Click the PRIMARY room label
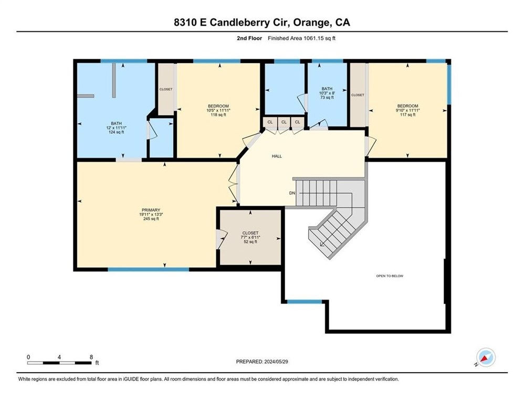click(x=150, y=210)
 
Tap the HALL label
click(x=277, y=156)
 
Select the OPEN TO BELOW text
click(x=390, y=276)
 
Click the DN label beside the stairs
click(x=292, y=193)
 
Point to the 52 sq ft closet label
click(x=250, y=242)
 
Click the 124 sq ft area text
click(x=116, y=132)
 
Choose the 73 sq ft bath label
click(x=327, y=98)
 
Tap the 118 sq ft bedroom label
click(x=218, y=115)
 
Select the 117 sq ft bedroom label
click(x=407, y=115)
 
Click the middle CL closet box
click(x=284, y=122)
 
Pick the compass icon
click(x=486, y=357)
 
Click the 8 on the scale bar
click(x=91, y=356)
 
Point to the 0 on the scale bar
click(x=28, y=356)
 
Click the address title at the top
click(x=262, y=23)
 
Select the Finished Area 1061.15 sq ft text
click(x=306, y=38)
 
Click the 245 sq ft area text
click(x=151, y=219)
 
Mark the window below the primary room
click(x=148, y=270)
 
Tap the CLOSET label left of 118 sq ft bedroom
click(x=166, y=90)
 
